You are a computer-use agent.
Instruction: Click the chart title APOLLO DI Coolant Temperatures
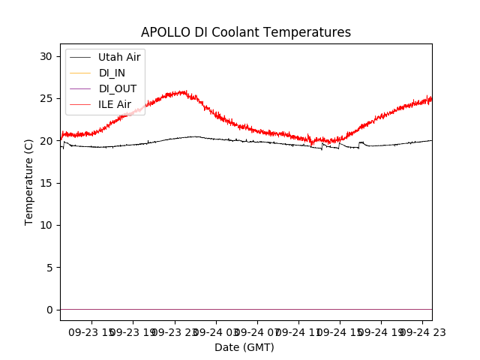pyautogui.click(x=246, y=32)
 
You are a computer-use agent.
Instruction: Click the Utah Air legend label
pyautogui.click(x=119, y=57)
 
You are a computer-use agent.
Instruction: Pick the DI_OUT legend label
pyautogui.click(x=118, y=88)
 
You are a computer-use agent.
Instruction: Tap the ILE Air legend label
pyautogui.click(x=115, y=104)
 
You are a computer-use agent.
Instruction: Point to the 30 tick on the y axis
pyautogui.click(x=46, y=56)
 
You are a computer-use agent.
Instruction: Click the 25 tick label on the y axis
pyautogui.click(x=46, y=98)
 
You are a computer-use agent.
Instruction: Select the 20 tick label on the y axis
pyautogui.click(x=46, y=141)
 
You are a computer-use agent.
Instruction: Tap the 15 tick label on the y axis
pyautogui.click(x=46, y=183)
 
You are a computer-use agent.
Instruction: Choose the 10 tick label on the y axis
pyautogui.click(x=46, y=225)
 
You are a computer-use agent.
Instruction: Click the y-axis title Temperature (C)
pyautogui.click(x=29, y=181)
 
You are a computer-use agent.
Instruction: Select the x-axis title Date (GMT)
pyautogui.click(x=244, y=347)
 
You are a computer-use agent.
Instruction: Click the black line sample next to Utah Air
pyautogui.click(x=80, y=57)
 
